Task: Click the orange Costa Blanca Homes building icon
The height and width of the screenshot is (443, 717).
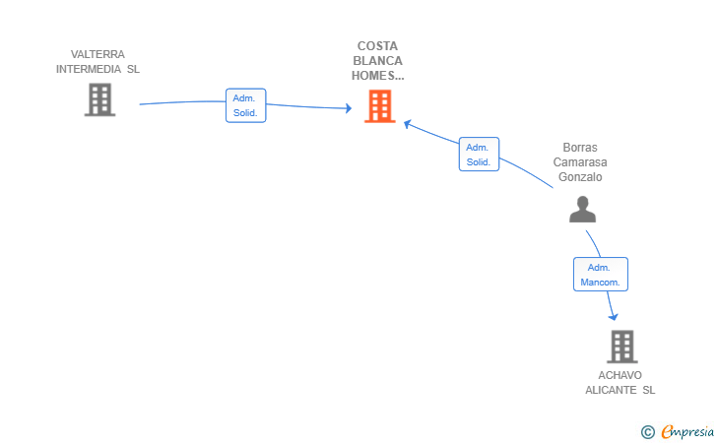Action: tap(379, 106)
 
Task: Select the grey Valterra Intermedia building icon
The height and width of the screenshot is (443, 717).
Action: tap(99, 99)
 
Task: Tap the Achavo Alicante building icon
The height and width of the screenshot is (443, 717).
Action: tap(622, 347)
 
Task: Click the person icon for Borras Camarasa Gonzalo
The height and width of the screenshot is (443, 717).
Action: tap(583, 210)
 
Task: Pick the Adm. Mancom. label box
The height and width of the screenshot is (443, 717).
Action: tap(601, 275)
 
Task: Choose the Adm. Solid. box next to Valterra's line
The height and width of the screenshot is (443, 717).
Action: tap(245, 105)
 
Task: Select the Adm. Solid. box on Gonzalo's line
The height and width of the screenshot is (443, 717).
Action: tap(479, 155)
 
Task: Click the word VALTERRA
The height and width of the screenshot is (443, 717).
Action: tap(98, 54)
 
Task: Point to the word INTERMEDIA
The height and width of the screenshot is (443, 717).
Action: tap(89, 69)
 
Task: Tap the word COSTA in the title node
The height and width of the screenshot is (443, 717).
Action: tap(378, 46)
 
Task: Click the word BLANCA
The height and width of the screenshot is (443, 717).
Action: tap(378, 61)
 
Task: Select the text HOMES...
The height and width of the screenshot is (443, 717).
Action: tap(373, 76)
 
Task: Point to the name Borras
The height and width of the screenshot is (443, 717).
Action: tap(580, 148)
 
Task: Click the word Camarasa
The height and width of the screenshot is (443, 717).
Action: tap(580, 162)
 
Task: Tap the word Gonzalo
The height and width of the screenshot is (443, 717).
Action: tap(580, 177)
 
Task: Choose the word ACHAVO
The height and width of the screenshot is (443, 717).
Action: tap(620, 375)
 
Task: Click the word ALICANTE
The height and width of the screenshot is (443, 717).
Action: tap(611, 390)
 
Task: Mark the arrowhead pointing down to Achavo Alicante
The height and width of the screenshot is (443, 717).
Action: tap(613, 316)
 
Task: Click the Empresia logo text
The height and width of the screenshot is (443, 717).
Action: tap(687, 431)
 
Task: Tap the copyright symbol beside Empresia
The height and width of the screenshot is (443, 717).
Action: tap(647, 432)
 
